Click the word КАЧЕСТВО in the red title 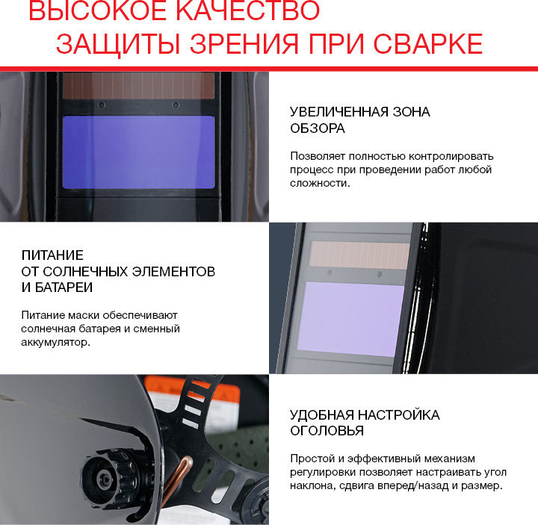coord(247,10)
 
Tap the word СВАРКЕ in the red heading coord(428,44)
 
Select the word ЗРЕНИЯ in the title coord(244,44)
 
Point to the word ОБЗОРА coord(318,128)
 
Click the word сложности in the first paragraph coord(318,183)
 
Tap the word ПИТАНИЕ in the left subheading coord(52,255)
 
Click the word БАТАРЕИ coord(64,288)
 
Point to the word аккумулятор coord(55,342)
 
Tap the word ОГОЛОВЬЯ coord(327,431)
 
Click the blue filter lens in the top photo coord(139,152)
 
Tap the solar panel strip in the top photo coord(139,86)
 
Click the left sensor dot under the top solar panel coord(102,105)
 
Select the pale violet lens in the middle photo coord(350,319)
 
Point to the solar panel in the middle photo coord(359,255)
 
